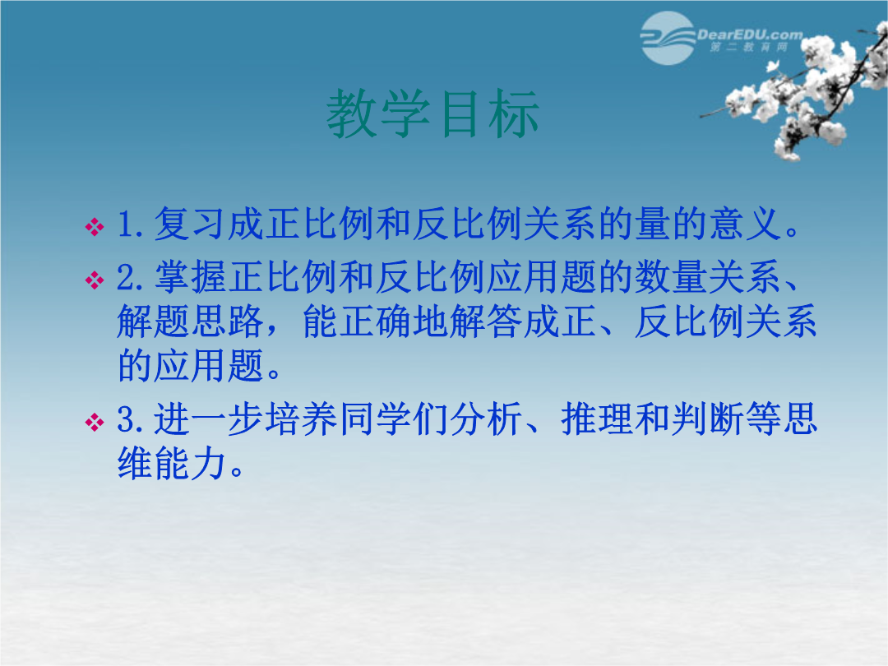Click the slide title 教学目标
[432, 113]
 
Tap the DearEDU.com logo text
[750, 35]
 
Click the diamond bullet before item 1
[94, 227]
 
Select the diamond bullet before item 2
[94, 280]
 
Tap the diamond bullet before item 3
[94, 422]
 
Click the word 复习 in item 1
[190, 223]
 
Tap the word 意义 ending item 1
[747, 223]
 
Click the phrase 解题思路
[190, 321]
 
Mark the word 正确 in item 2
[376, 321]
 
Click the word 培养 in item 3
[301, 419]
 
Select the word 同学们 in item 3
[394, 419]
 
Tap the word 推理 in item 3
[597, 419]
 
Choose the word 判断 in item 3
[708, 419]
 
